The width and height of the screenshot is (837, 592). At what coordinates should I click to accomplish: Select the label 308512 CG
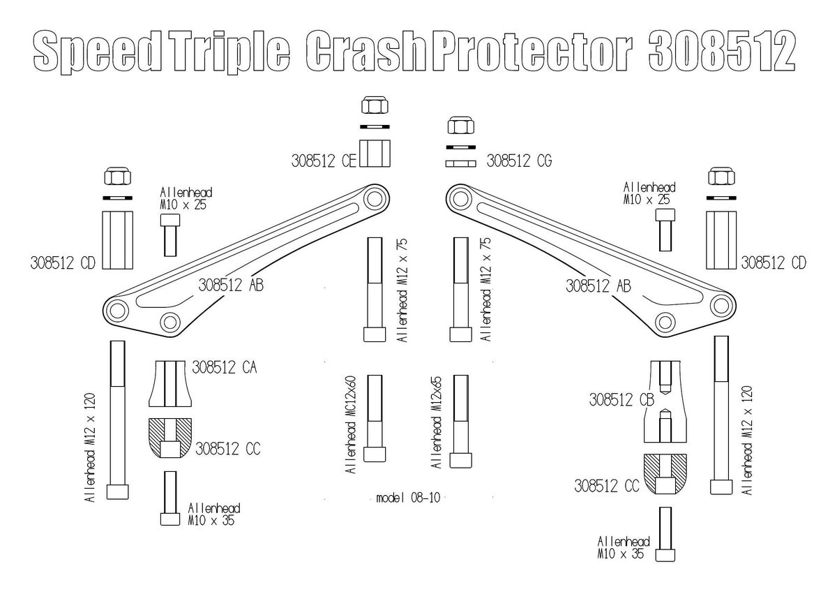point(519,161)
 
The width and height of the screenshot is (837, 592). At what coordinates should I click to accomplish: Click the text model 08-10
point(408,498)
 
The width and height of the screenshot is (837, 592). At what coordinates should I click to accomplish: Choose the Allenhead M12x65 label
point(437,424)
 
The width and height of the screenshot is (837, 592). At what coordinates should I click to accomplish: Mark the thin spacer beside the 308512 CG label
point(461,163)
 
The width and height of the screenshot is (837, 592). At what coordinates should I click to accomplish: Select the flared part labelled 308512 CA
point(169,383)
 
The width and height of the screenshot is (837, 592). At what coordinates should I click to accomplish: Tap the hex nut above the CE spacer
point(375,107)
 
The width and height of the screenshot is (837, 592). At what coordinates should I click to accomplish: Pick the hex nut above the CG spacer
point(460,127)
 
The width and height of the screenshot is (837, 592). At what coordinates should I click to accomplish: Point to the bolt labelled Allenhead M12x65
point(460,422)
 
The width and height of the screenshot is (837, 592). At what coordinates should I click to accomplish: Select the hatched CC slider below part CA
point(169,438)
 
